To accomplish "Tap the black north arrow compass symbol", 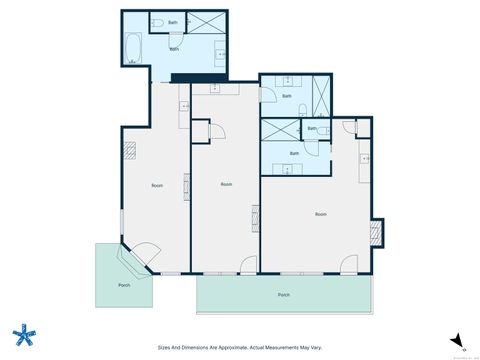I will pos(457,338).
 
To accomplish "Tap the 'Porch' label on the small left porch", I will pos(124,284).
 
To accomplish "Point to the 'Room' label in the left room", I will pos(157,185).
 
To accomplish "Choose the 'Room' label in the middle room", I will pos(227,184).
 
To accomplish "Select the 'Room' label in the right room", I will pos(321,214).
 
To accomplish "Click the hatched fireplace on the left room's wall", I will pos(129,149).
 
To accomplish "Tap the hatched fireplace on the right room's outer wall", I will pos(376,232).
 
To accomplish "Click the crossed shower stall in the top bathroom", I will pos(209,24).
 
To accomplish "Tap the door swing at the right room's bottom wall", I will pos(348,264).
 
